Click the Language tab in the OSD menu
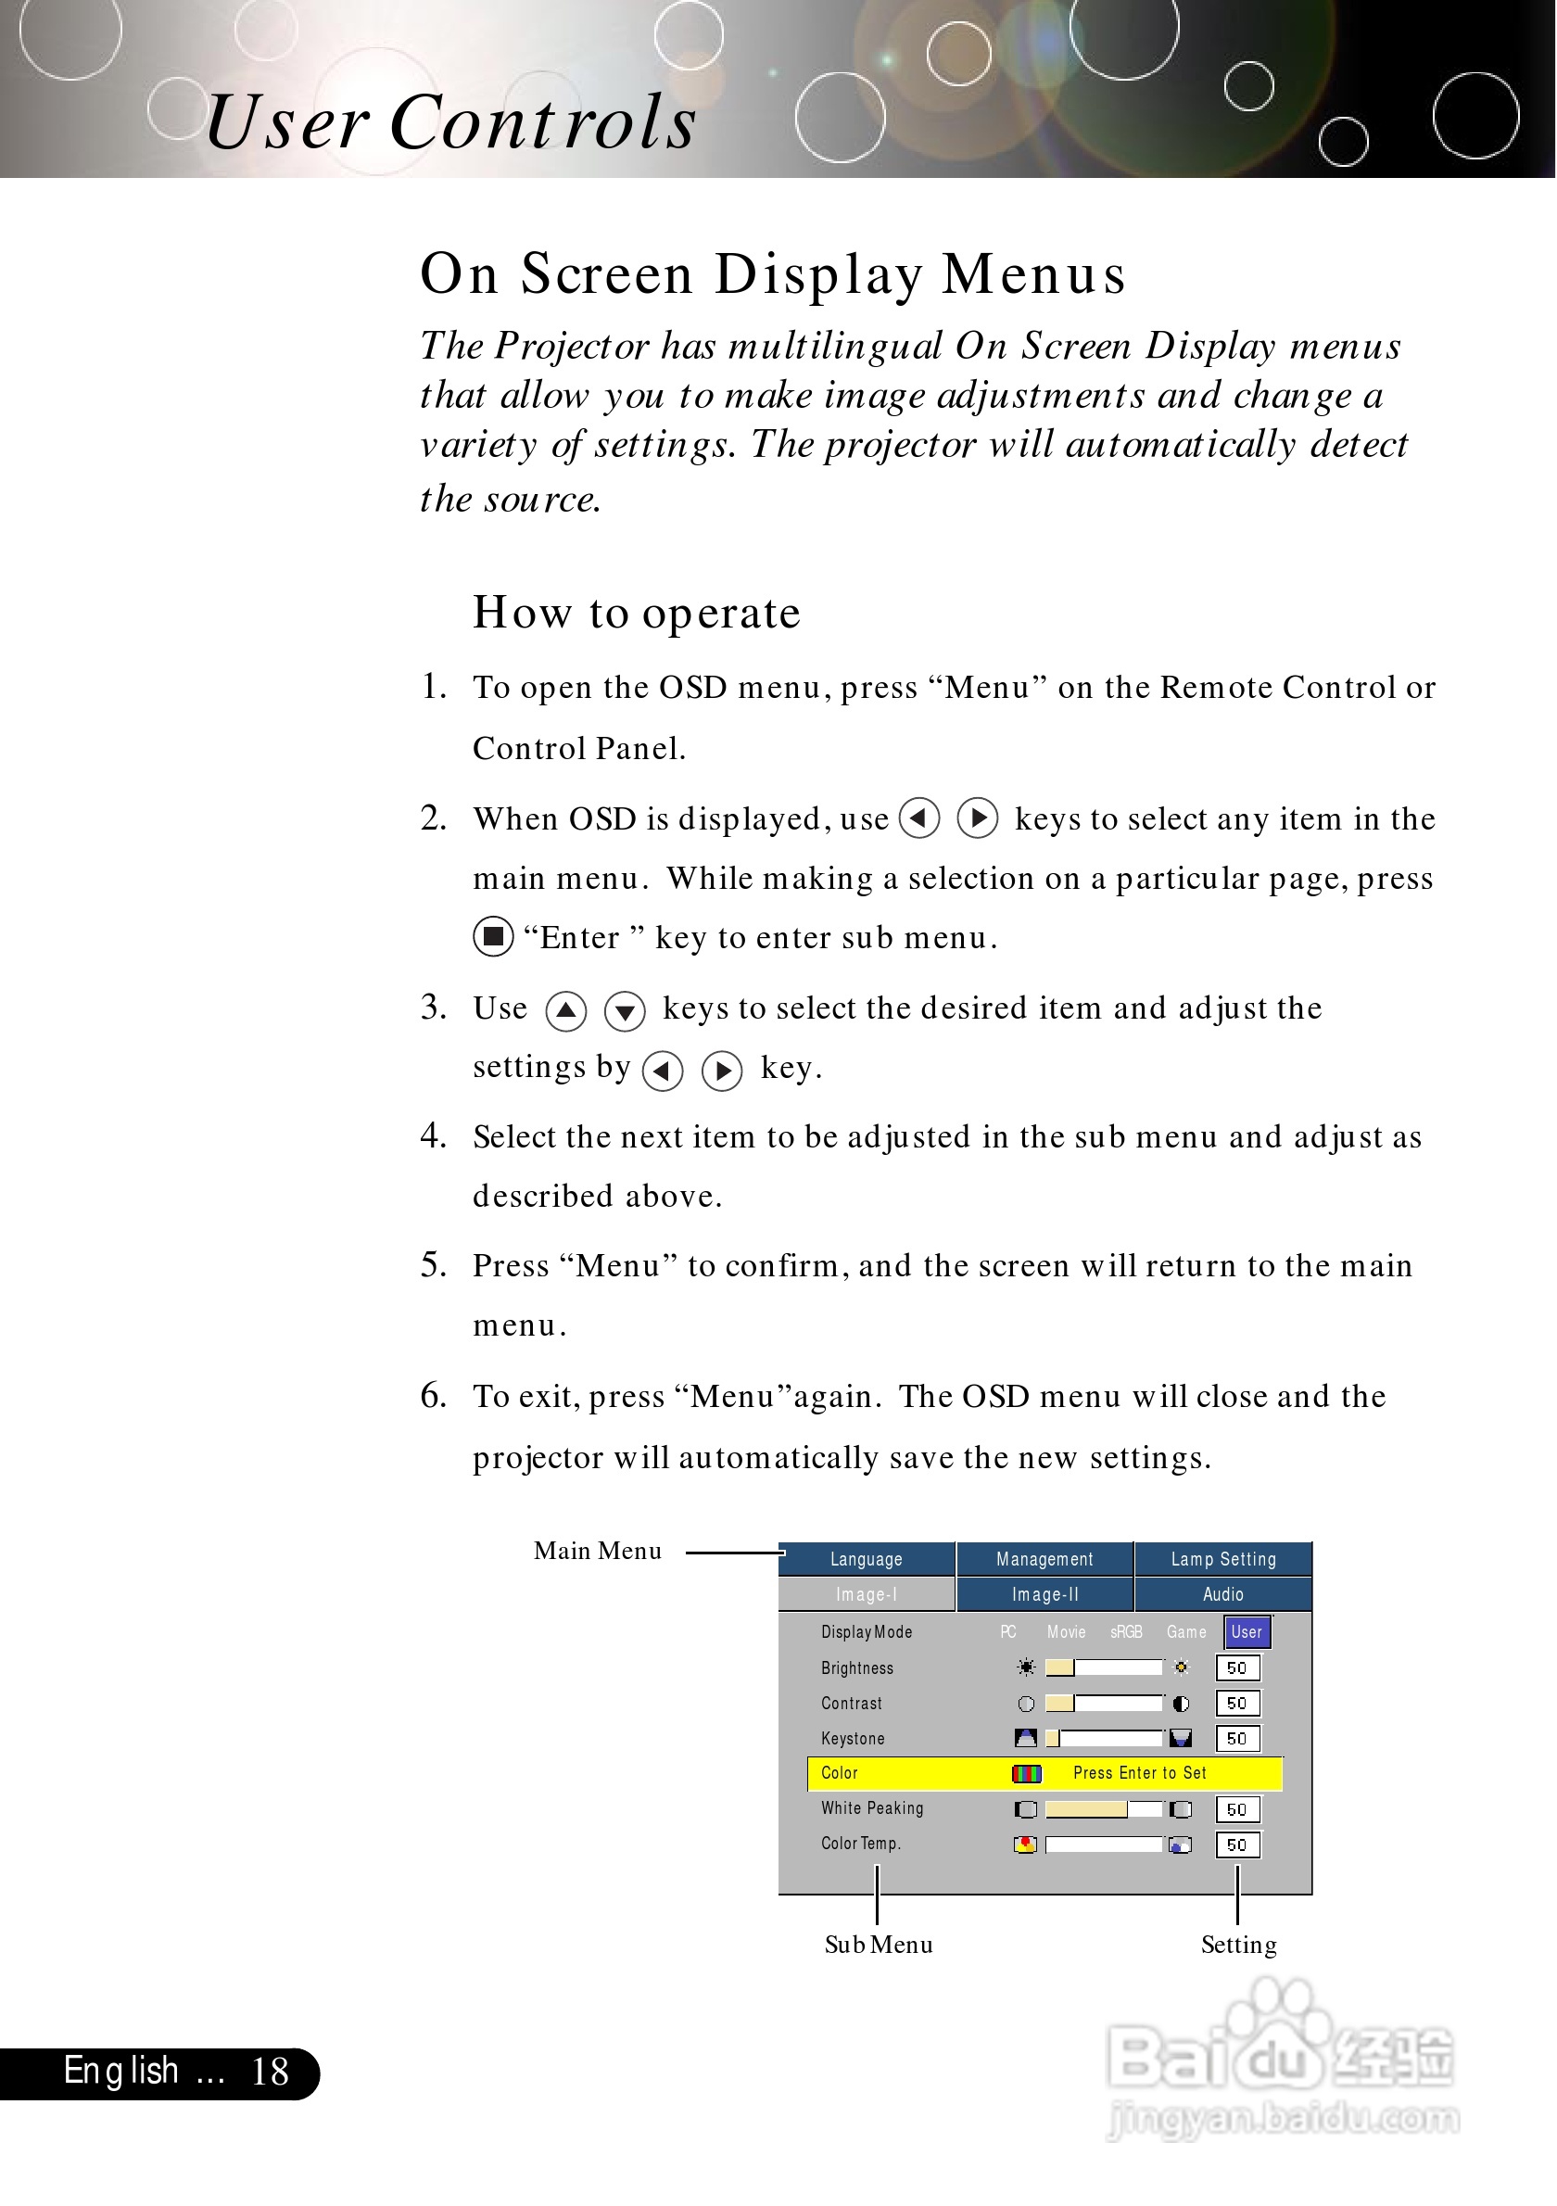[x=866, y=1559]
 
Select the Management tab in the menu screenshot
[x=1044, y=1559]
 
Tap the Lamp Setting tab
[x=1222, y=1559]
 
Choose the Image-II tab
[x=1044, y=1595]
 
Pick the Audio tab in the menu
[x=1222, y=1595]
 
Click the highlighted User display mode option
[x=1247, y=1632]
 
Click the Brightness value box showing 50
[x=1236, y=1669]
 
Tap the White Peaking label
[x=872, y=1808]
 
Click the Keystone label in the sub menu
[x=853, y=1739]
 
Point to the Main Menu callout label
[x=598, y=1552]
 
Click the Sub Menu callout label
[x=878, y=1946]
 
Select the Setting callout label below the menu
[x=1238, y=1946]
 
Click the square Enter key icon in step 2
[x=493, y=937]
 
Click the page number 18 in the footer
[x=269, y=2073]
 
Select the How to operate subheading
[x=636, y=613]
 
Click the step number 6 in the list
[x=433, y=1395]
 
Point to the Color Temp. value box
[x=1236, y=1845]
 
